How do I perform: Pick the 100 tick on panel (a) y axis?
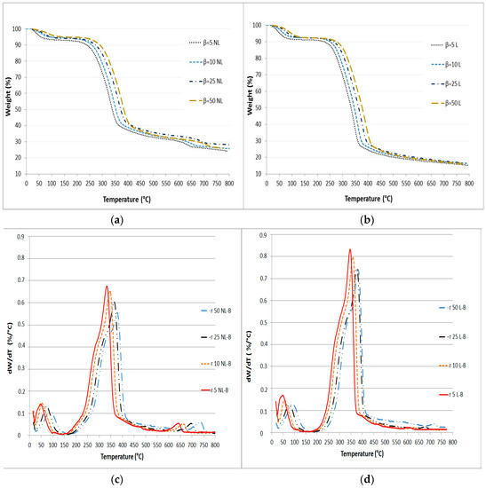point(17,29)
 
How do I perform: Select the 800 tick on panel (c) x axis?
point(214,441)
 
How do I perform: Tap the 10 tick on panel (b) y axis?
point(258,174)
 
